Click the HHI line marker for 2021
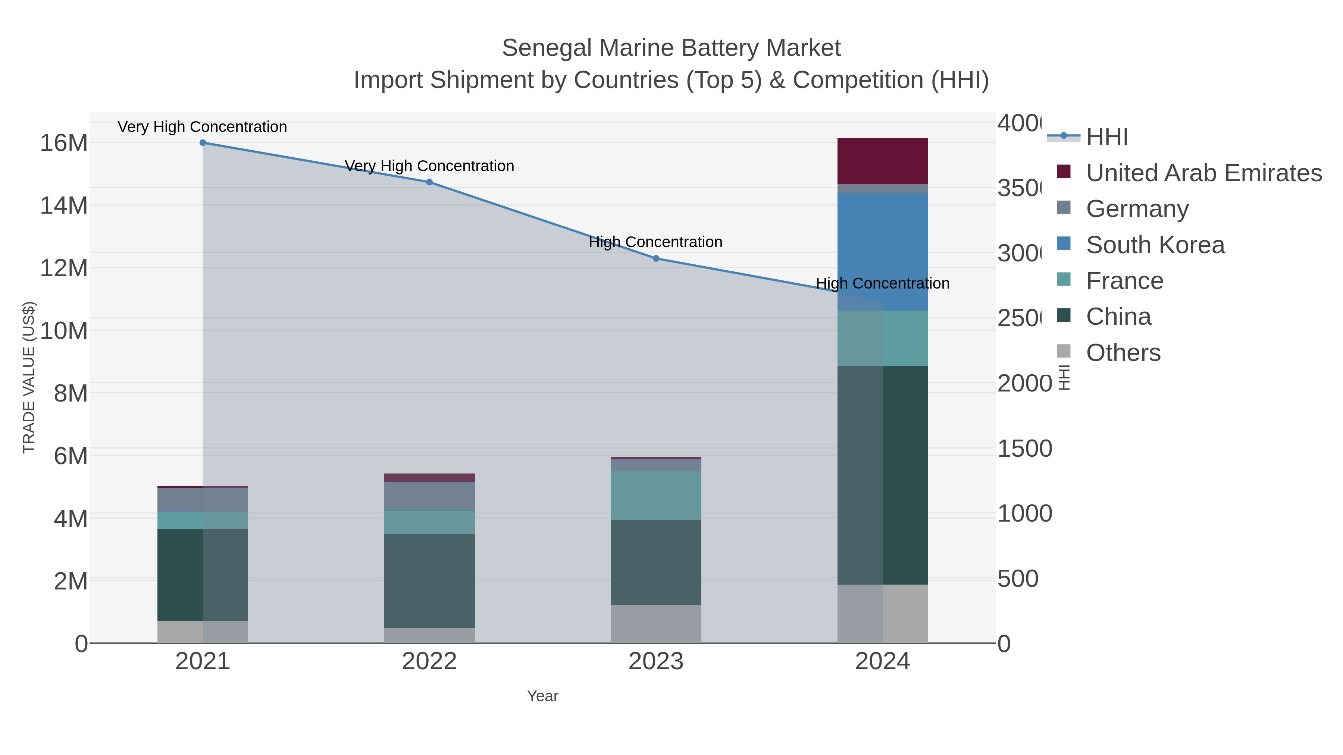pos(203,143)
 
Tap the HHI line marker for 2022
pos(429,182)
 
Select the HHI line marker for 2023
pos(656,258)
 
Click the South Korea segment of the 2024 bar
pos(882,252)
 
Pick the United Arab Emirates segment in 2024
pos(882,161)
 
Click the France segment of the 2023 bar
pos(656,495)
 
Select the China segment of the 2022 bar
pos(429,581)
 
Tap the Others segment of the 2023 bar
pos(656,624)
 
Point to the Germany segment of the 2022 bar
pos(429,496)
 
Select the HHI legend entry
pos(1107,137)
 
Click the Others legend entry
pos(1123,353)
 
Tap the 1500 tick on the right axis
pos(1024,449)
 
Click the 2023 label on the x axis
pos(656,662)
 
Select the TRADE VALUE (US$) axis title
pos(29,377)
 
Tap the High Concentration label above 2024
pos(882,283)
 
